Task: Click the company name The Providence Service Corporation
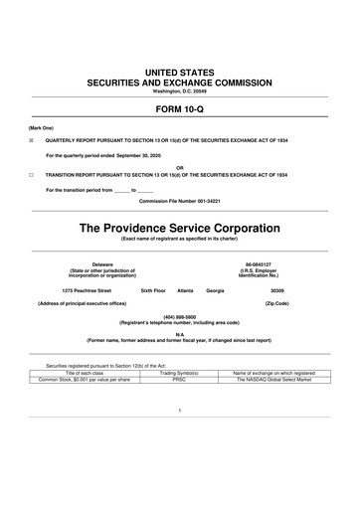179,228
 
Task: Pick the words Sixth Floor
154,289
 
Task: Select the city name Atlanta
185,289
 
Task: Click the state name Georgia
215,289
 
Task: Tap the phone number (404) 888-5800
179,316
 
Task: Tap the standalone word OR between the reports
179,166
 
